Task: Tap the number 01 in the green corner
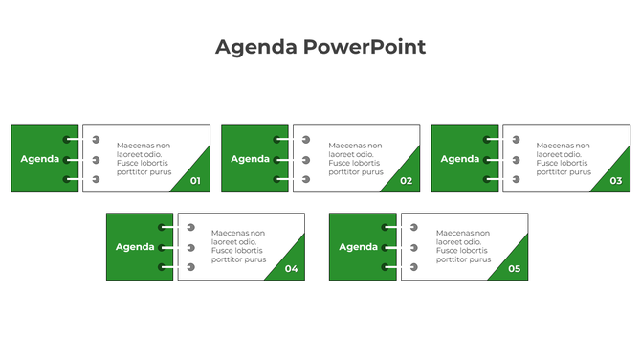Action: (196, 181)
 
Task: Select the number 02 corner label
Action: (406, 181)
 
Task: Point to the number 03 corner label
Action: (615, 181)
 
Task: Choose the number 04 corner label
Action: (291, 269)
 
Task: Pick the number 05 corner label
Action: (514, 269)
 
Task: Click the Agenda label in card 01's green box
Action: (40, 159)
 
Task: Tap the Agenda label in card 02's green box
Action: (251, 159)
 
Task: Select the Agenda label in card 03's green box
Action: (460, 159)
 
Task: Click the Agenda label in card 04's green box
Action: (135, 247)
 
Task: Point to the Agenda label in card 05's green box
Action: (358, 247)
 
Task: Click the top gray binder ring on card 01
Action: (96, 140)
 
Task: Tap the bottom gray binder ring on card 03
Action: (516, 179)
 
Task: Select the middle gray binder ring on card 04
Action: (191, 247)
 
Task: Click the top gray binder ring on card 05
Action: (414, 228)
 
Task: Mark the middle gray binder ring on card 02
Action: (306, 160)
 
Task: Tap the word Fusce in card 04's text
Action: (221, 251)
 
